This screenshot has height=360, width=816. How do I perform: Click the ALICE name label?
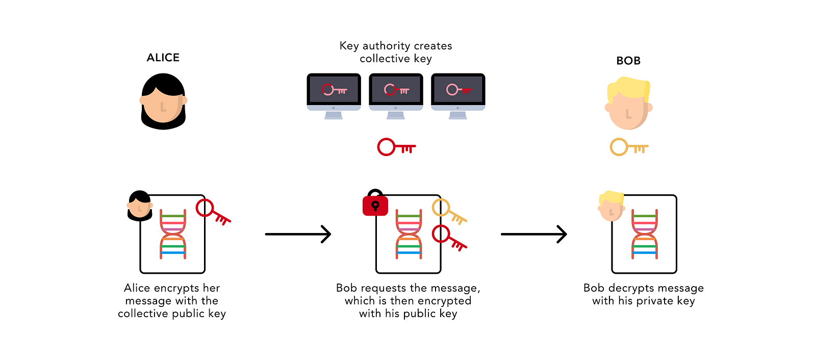click(163, 58)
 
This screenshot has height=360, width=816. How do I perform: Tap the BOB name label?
click(628, 61)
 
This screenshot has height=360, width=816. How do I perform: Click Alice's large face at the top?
click(163, 102)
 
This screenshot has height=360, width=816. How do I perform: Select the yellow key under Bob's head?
click(629, 147)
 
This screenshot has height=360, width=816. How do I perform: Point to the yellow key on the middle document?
click(449, 212)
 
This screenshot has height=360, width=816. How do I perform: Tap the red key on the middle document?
click(449, 239)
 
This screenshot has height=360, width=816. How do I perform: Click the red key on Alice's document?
click(213, 212)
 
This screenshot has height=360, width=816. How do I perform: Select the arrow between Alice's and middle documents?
click(298, 234)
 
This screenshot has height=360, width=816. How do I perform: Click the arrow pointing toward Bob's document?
click(533, 234)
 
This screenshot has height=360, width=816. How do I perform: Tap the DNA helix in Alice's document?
click(173, 234)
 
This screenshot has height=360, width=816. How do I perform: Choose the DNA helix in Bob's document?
click(645, 234)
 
